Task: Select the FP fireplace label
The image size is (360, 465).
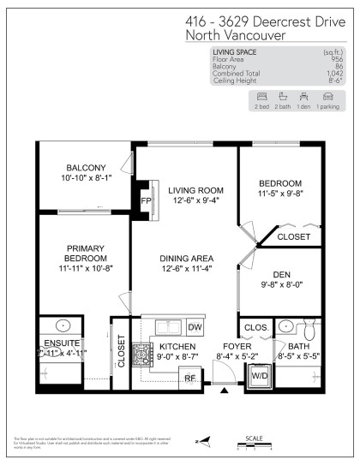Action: (145, 201)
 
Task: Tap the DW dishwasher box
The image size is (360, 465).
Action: (195, 327)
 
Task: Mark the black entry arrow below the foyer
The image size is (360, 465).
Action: (225, 391)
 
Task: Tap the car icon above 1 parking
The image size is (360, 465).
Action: (327, 96)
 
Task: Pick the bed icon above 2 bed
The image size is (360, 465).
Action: (262, 96)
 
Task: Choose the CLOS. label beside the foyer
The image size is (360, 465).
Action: (255, 327)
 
